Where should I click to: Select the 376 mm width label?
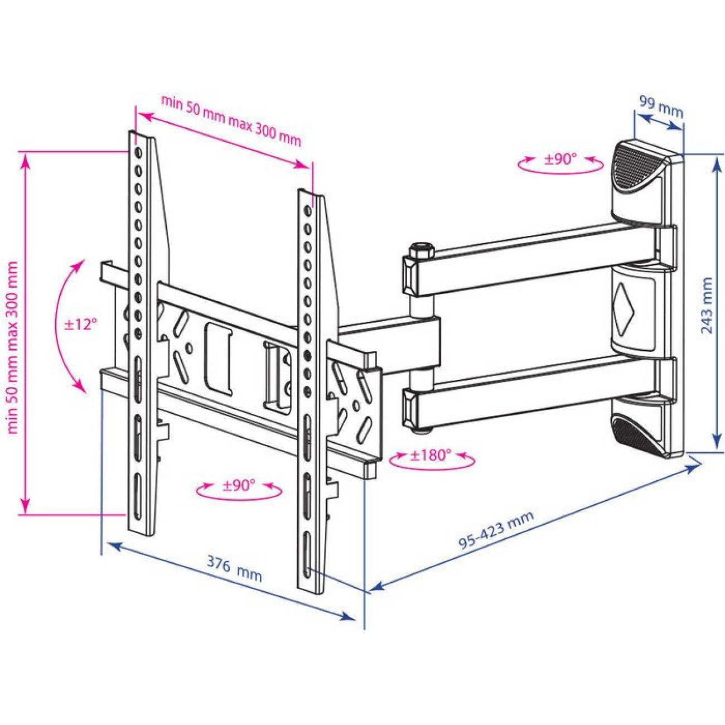234,573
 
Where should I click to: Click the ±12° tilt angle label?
80,325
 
